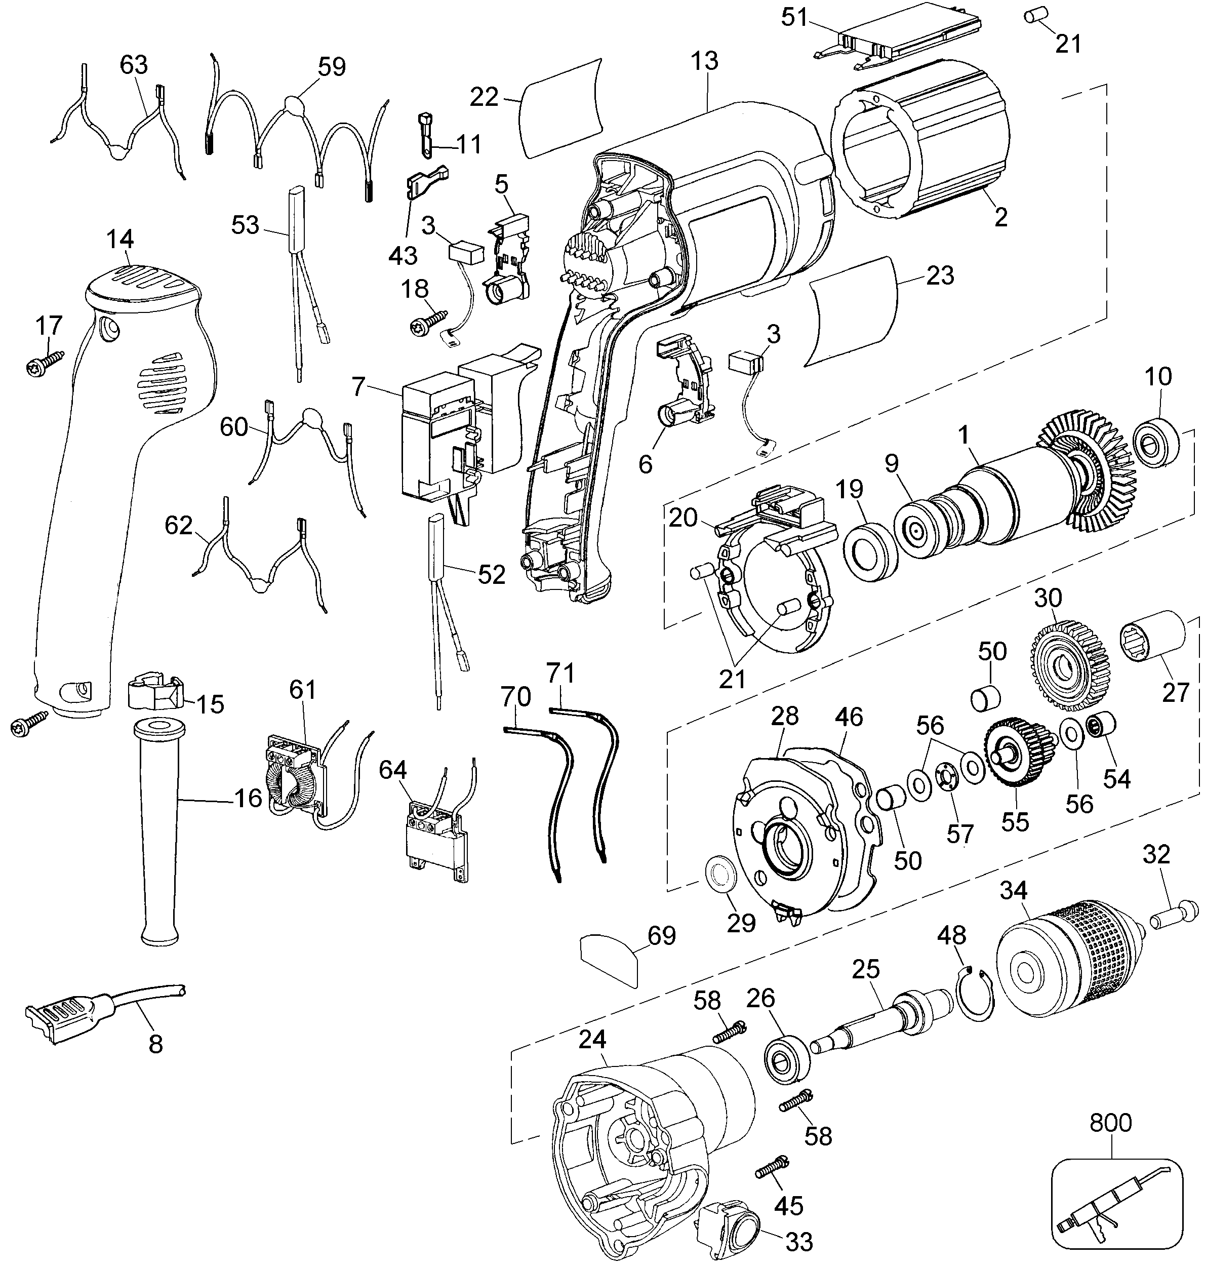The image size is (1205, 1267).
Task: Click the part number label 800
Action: click(x=1111, y=1123)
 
